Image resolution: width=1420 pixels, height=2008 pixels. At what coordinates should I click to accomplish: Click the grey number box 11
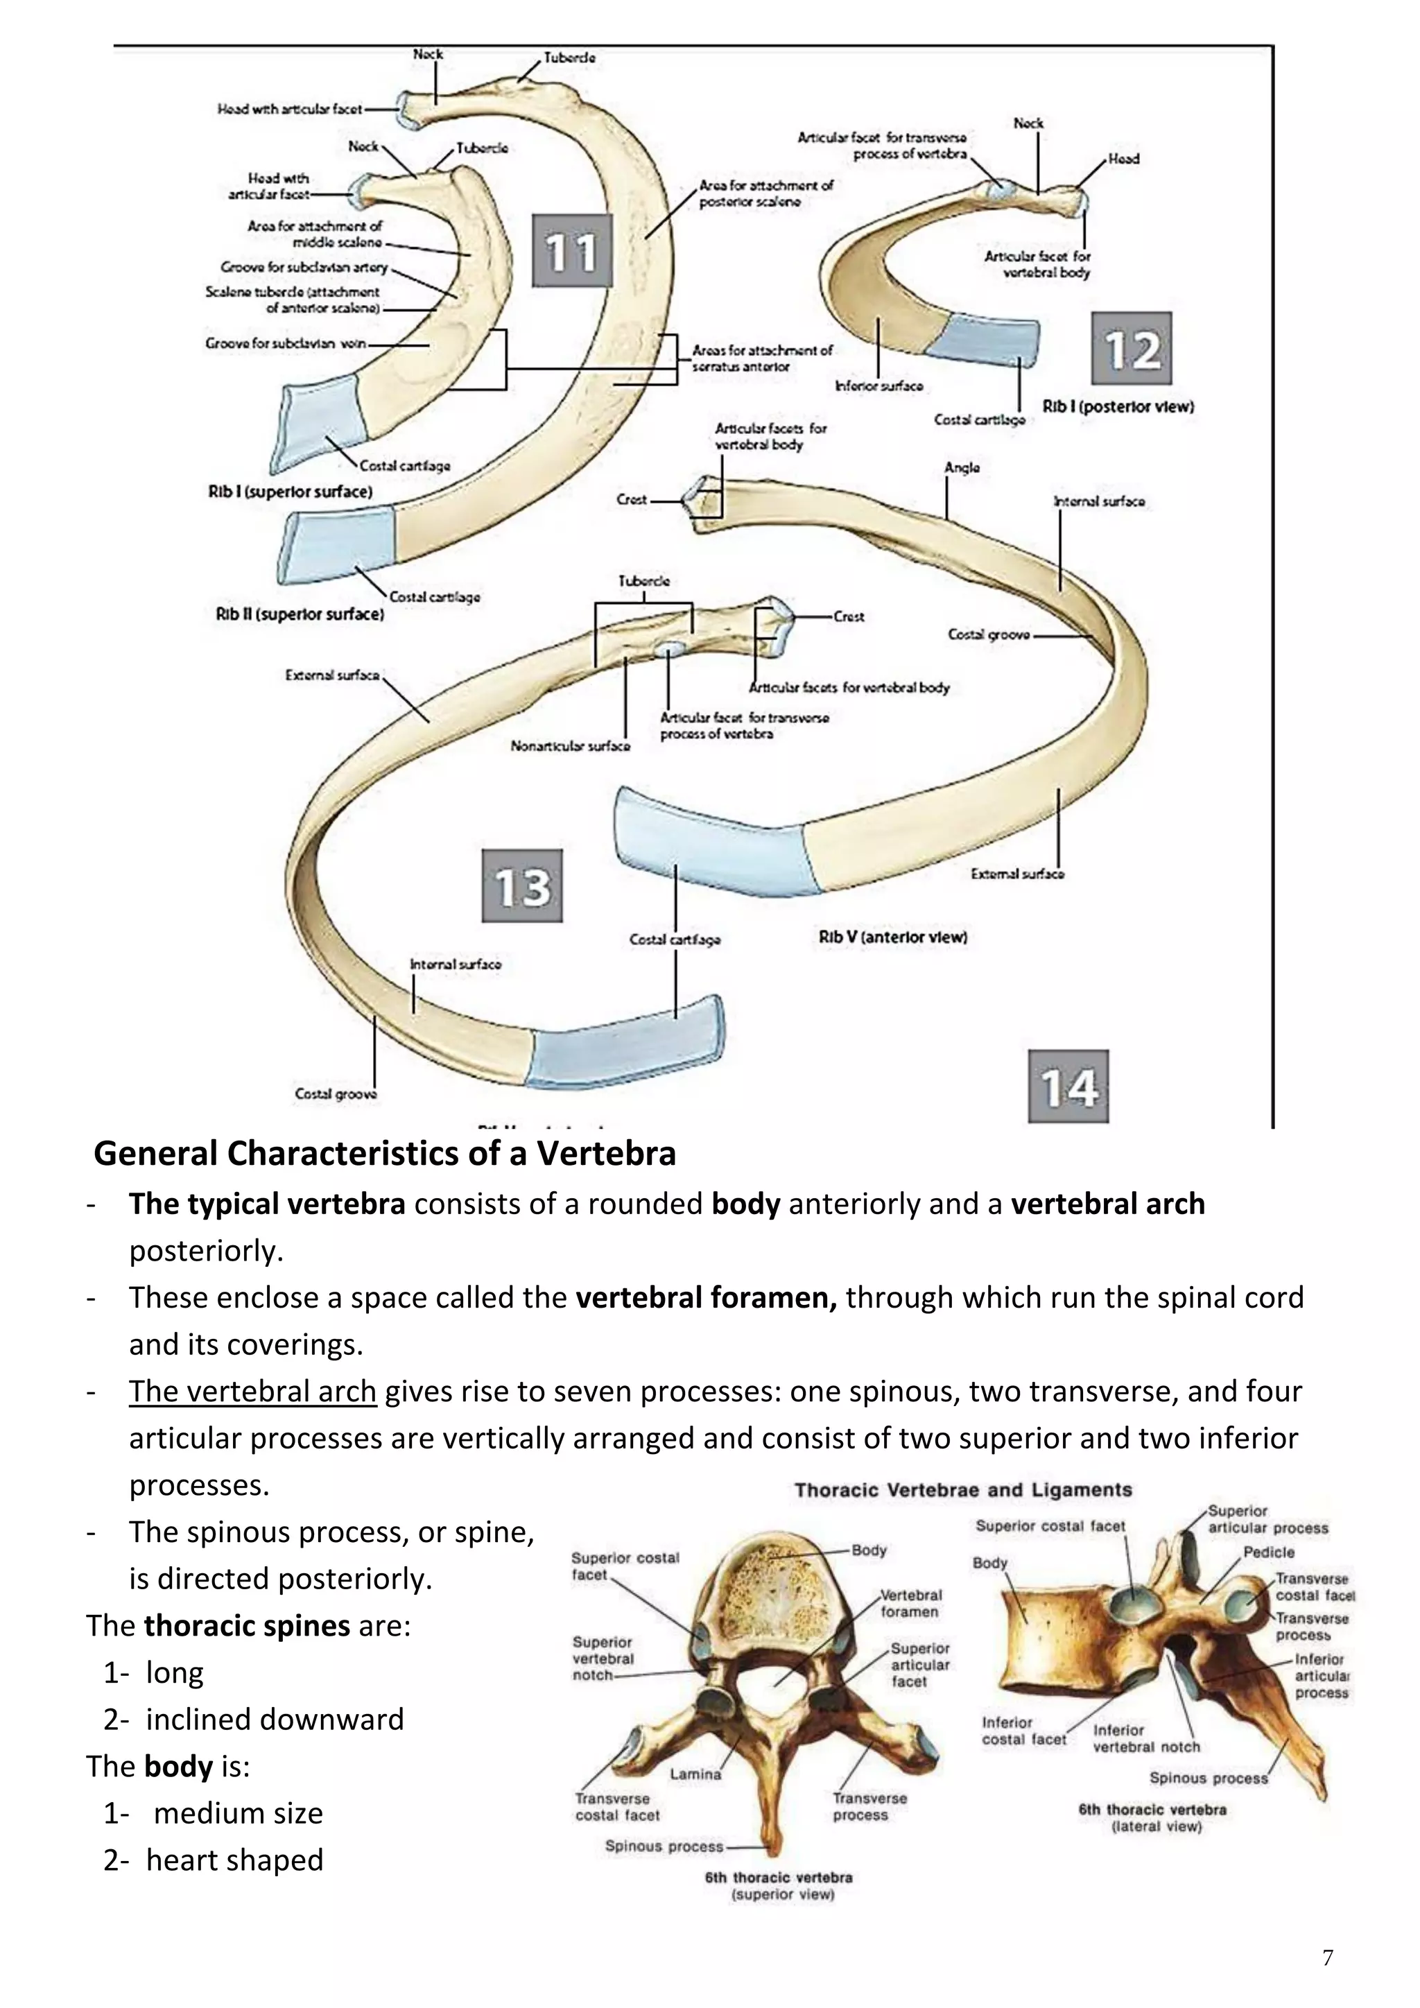tap(572, 252)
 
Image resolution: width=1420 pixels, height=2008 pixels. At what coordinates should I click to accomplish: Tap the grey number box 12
tap(1132, 349)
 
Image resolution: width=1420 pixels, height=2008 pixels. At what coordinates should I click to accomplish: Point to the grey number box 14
tap(1068, 1087)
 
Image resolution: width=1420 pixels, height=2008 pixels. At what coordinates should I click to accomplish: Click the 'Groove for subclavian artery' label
tap(304, 267)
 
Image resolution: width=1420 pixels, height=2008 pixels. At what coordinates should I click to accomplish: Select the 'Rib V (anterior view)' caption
tap(893, 937)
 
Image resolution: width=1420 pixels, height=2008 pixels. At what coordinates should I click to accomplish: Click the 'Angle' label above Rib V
tap(962, 468)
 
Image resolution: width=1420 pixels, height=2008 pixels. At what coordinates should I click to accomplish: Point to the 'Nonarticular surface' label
tap(570, 746)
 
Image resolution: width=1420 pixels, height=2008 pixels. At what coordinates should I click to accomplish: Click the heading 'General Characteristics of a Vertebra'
tap(385, 1154)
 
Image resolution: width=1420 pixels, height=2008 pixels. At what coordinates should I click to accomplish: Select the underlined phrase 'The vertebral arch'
tap(252, 1391)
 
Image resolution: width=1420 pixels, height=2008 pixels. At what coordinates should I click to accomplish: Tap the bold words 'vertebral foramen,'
tap(707, 1297)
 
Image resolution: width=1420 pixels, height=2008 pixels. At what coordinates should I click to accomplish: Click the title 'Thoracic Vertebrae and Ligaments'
tap(962, 1489)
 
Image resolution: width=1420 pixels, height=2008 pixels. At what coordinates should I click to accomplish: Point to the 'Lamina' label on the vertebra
tap(695, 1774)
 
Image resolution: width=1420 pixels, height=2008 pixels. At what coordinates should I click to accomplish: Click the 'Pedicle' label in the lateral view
tap(1269, 1552)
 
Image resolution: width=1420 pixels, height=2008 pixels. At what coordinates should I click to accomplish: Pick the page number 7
tap(1327, 1957)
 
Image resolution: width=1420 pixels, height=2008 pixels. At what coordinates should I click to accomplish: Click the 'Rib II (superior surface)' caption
tap(300, 614)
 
